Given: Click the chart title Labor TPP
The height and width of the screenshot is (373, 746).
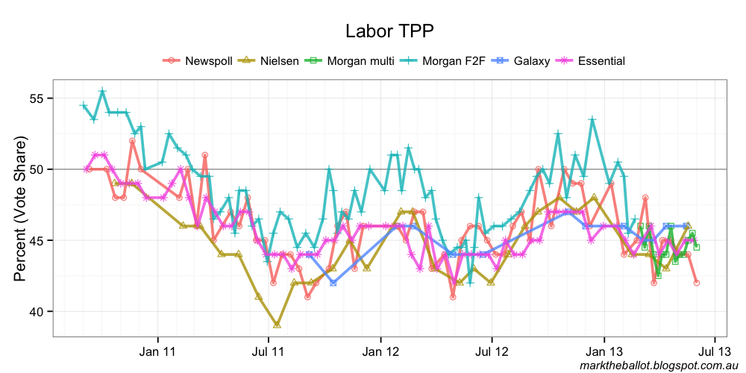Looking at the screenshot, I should click(x=389, y=31).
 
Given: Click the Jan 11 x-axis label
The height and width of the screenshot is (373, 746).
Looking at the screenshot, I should click(x=159, y=350).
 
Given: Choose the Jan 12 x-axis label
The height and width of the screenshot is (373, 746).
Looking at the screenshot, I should click(x=381, y=350).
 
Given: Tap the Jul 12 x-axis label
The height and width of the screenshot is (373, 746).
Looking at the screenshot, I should click(x=493, y=350).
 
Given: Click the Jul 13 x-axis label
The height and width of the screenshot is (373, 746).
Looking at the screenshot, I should click(x=715, y=350).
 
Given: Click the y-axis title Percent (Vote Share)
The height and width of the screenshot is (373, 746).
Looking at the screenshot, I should click(x=20, y=209).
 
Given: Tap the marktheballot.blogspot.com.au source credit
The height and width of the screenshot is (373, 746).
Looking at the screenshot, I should click(x=658, y=365).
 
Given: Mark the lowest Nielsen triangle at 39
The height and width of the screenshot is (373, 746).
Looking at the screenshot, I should click(x=277, y=325).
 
